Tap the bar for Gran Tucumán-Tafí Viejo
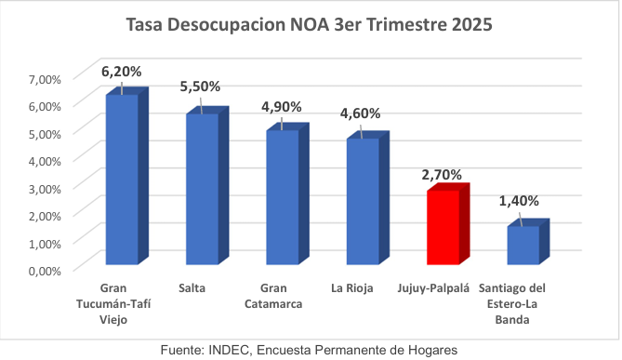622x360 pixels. (x=122, y=181)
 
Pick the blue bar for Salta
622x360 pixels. (x=202, y=191)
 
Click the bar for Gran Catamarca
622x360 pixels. (x=283, y=199)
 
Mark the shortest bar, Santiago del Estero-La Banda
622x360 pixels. (x=523, y=247)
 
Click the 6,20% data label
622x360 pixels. (x=123, y=71)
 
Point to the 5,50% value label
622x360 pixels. (x=201, y=87)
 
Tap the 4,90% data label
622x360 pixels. (x=282, y=107)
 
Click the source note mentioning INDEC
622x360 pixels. (x=311, y=348)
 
